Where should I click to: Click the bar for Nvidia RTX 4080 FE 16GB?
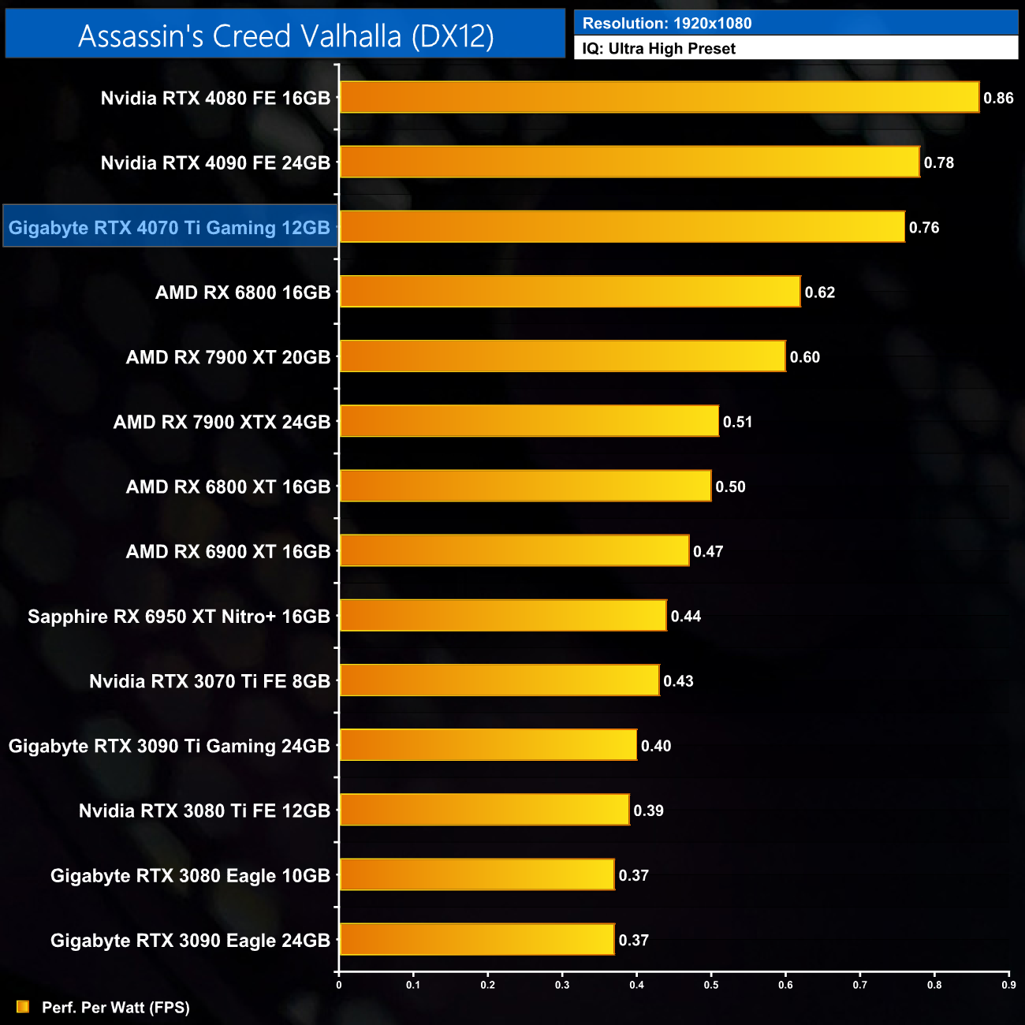[x=659, y=98]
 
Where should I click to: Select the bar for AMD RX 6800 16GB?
[x=569, y=292]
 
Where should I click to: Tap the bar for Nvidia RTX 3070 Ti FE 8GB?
[x=499, y=680]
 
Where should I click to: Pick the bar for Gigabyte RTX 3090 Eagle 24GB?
[x=476, y=940]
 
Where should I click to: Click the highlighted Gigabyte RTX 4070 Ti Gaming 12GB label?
[x=170, y=227]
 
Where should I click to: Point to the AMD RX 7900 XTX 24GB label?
[x=222, y=422]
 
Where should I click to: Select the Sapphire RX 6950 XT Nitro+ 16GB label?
[x=179, y=616]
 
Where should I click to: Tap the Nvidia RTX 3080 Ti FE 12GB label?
[x=204, y=811]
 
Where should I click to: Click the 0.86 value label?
[x=998, y=98]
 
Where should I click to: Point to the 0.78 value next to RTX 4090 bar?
[x=938, y=162]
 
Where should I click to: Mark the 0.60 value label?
[x=804, y=357]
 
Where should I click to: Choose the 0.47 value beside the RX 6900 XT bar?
[x=707, y=551]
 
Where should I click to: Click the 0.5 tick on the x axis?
[x=711, y=984]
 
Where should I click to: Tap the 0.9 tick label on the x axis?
[x=1008, y=984]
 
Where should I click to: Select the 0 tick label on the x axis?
[x=339, y=984]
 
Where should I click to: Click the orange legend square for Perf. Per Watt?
[x=23, y=1007]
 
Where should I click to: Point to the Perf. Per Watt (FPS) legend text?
[x=116, y=1007]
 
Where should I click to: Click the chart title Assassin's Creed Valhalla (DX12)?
[x=285, y=35]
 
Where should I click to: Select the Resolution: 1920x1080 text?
[x=667, y=23]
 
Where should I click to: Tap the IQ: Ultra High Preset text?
[x=658, y=48]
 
